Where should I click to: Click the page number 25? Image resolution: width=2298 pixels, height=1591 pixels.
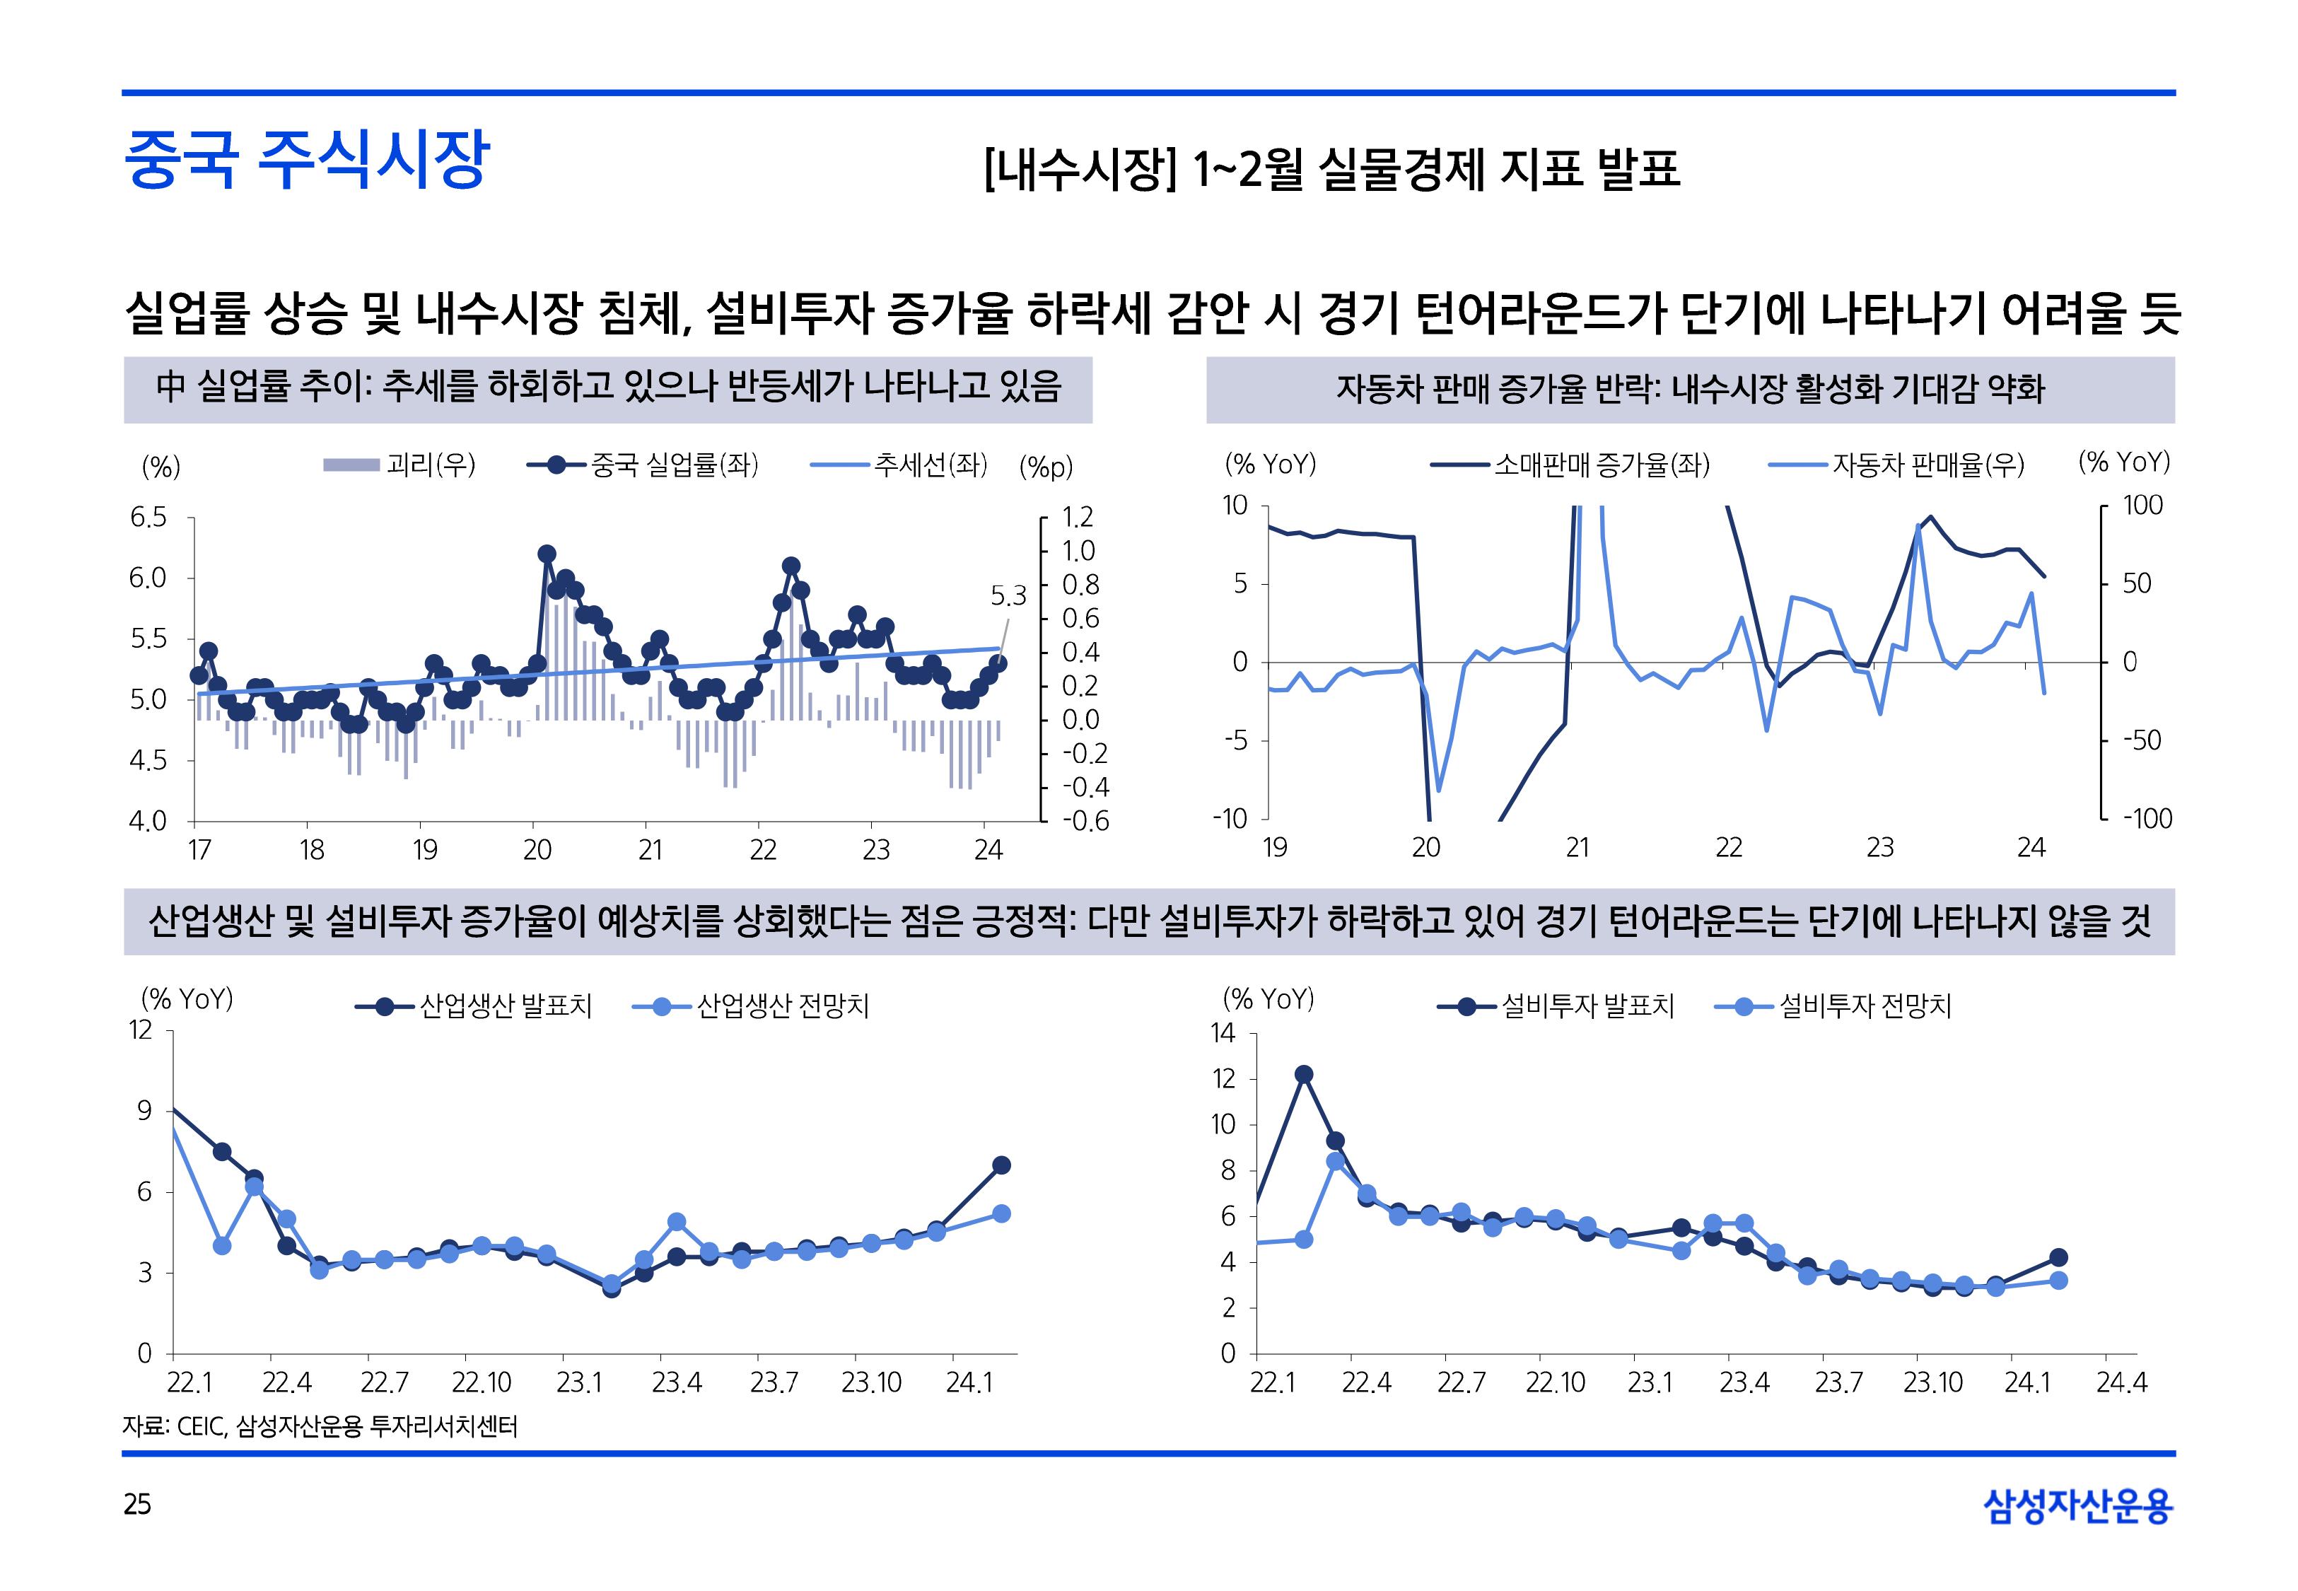tap(137, 1504)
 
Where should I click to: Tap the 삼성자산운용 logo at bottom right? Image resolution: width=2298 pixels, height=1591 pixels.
tap(2078, 1505)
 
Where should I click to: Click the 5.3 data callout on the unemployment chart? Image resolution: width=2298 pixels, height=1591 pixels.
tap(1008, 596)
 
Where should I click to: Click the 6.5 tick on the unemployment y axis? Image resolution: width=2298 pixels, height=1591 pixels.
tap(148, 518)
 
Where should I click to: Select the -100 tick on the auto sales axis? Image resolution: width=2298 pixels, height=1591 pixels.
tap(2147, 818)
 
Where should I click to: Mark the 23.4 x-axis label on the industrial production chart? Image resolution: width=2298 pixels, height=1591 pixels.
tap(677, 1382)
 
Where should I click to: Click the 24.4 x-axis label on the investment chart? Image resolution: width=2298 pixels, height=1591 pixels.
tap(2122, 1382)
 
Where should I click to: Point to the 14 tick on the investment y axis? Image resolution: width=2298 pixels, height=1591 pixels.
tap(1223, 1033)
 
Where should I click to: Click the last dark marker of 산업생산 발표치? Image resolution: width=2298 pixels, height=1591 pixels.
tap(1001, 1165)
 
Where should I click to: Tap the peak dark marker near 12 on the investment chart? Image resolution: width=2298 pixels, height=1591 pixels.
tap(1303, 1073)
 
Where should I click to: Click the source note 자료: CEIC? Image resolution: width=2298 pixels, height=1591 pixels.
tap(319, 1426)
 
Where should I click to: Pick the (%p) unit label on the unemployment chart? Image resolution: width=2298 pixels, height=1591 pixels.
tap(1045, 467)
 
